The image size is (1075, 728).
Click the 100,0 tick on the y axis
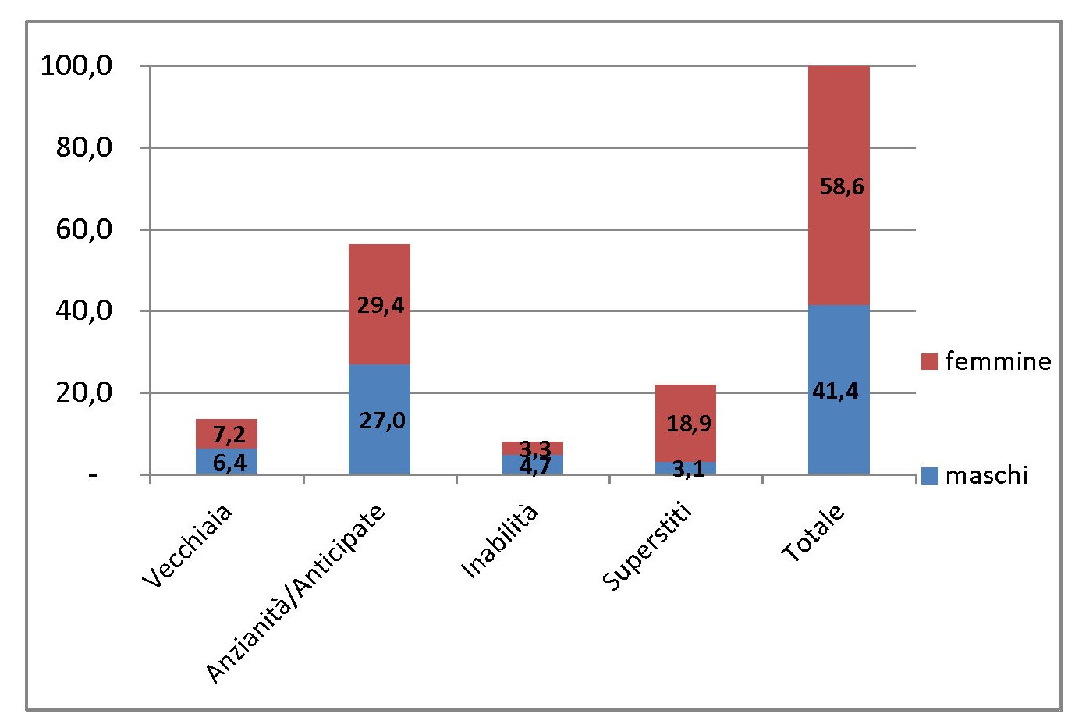click(76, 66)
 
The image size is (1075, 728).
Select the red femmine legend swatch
click(929, 361)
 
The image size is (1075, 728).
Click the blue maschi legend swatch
click(929, 475)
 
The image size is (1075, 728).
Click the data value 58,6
click(842, 187)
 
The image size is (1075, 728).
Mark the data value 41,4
click(835, 391)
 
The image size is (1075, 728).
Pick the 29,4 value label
click(381, 305)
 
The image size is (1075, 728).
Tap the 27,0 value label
click(382, 421)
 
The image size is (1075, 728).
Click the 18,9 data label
click(688, 424)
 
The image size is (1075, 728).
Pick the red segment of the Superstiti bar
click(685, 406)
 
